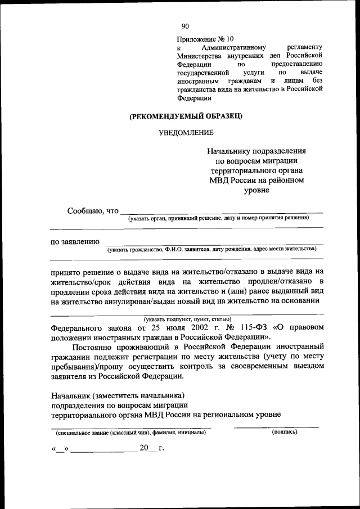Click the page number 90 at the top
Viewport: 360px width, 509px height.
(x=185, y=26)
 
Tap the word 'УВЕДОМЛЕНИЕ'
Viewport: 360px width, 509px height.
(x=185, y=133)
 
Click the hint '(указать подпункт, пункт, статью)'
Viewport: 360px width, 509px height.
(x=186, y=319)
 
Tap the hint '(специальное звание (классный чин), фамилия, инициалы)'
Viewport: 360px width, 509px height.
(x=130, y=433)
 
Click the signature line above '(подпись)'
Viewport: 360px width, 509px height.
(x=276, y=427)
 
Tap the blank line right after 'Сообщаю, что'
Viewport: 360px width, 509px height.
(x=222, y=213)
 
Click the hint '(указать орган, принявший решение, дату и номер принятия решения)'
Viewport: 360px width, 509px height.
(x=218, y=218)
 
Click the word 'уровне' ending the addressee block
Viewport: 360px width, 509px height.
(x=256, y=190)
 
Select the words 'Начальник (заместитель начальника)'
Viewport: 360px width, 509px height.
(x=118, y=395)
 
